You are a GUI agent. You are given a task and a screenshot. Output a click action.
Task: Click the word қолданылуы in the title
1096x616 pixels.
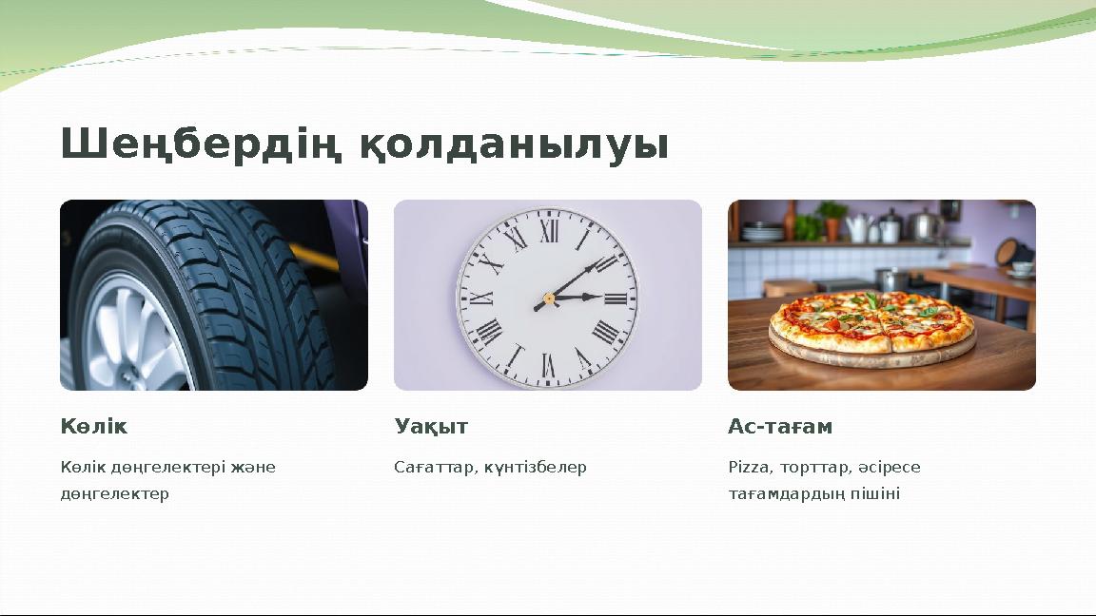tap(515, 145)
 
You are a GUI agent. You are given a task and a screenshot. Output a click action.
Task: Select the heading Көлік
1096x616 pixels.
tap(93, 427)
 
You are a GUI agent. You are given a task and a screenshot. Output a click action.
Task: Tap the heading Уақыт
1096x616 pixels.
tap(431, 427)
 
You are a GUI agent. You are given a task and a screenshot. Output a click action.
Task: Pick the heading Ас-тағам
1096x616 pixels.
tap(780, 427)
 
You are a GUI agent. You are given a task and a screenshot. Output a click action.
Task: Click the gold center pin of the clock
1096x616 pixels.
tap(549, 298)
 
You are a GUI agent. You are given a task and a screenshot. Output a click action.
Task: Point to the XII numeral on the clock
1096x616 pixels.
tap(549, 232)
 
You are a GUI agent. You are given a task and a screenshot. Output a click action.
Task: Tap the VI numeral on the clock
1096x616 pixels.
tap(548, 364)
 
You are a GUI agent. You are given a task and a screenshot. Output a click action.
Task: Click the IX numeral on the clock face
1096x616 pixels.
tap(481, 298)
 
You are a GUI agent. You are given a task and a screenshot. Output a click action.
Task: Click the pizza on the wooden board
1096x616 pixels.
tap(872, 323)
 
